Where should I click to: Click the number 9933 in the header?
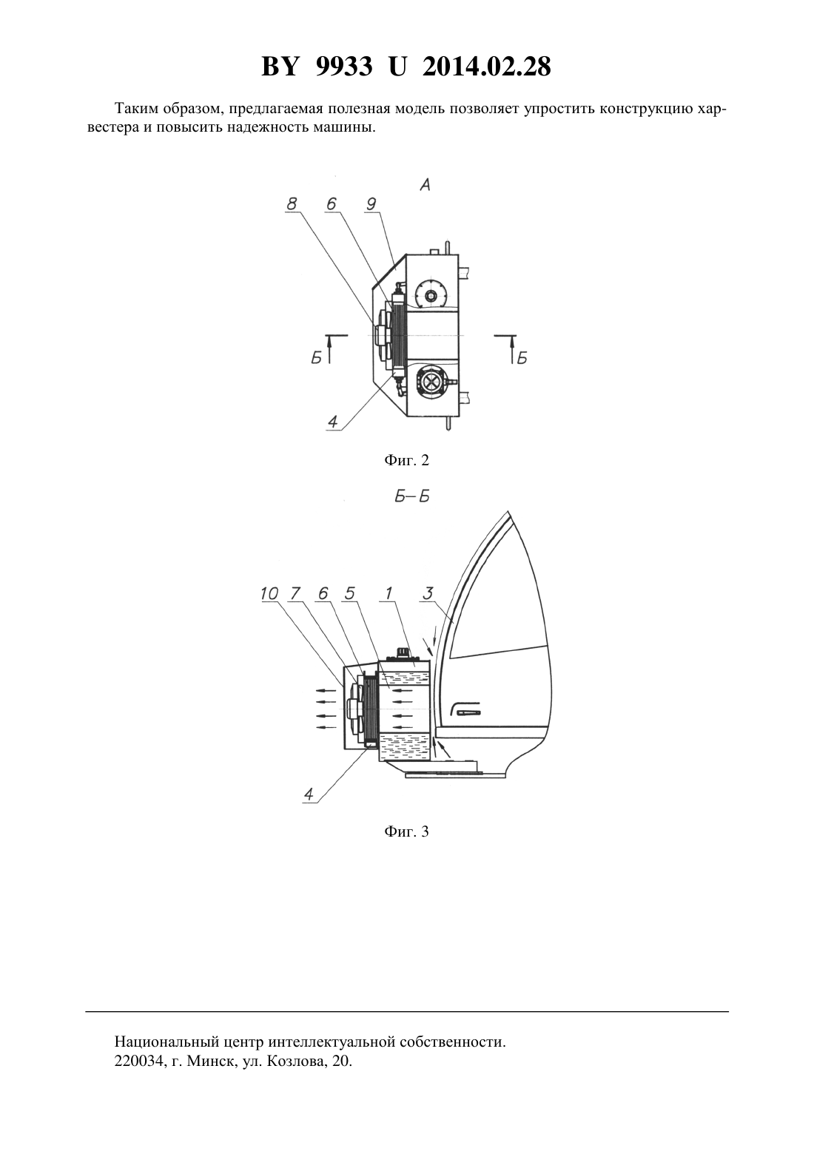point(343,67)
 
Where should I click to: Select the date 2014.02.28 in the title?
point(487,67)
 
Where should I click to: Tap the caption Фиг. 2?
point(406,460)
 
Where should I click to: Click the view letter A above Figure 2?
point(425,185)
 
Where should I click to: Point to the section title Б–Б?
point(412,496)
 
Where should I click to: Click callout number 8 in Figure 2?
point(292,204)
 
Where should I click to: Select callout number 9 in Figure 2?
point(371,204)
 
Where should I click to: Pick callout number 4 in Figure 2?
point(332,422)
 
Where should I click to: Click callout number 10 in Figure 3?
point(269,594)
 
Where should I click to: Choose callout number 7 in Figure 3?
point(295,594)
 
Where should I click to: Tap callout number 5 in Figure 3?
point(350,594)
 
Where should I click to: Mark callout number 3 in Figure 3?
point(428,594)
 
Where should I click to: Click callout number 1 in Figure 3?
point(388,594)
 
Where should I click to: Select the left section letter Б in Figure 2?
point(316,358)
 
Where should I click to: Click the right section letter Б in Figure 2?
point(522,358)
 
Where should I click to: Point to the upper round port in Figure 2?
point(431,295)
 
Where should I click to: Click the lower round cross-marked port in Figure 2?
point(431,382)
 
